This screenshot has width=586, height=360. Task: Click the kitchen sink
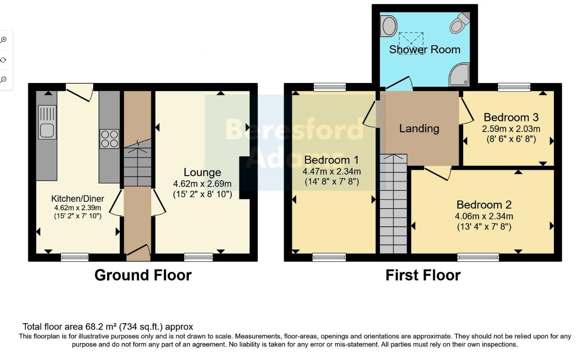click(x=47, y=122)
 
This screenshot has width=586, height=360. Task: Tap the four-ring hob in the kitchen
click(x=109, y=139)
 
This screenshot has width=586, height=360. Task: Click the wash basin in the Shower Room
click(x=388, y=26)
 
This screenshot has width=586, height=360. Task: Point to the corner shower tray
click(x=459, y=74)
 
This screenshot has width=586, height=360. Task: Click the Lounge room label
click(x=202, y=172)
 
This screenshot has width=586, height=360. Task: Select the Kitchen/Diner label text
click(x=78, y=199)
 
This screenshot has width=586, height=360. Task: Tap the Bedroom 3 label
click(x=511, y=117)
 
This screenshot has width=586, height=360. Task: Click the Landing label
click(x=419, y=129)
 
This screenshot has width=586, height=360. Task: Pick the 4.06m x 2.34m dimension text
click(x=484, y=216)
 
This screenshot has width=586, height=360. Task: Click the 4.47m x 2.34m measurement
click(x=332, y=172)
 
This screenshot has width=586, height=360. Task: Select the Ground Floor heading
click(x=143, y=275)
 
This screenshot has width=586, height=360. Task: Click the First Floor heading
click(x=423, y=275)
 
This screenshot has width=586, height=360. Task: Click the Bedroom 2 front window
click(x=478, y=257)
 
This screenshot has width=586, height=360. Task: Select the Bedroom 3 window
click(x=514, y=87)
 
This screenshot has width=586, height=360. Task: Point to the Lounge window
click(x=198, y=257)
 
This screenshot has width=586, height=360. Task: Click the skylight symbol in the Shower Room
click(x=411, y=43)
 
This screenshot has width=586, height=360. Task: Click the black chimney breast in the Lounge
click(x=245, y=178)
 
